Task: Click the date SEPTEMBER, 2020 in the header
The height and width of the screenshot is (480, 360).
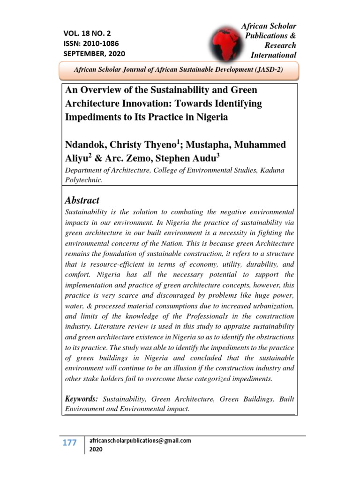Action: [x=94, y=53]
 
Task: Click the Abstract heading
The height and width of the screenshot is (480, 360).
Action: [x=82, y=200]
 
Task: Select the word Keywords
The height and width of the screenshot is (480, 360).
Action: [x=81, y=398]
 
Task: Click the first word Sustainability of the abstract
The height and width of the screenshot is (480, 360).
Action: [x=88, y=212]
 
